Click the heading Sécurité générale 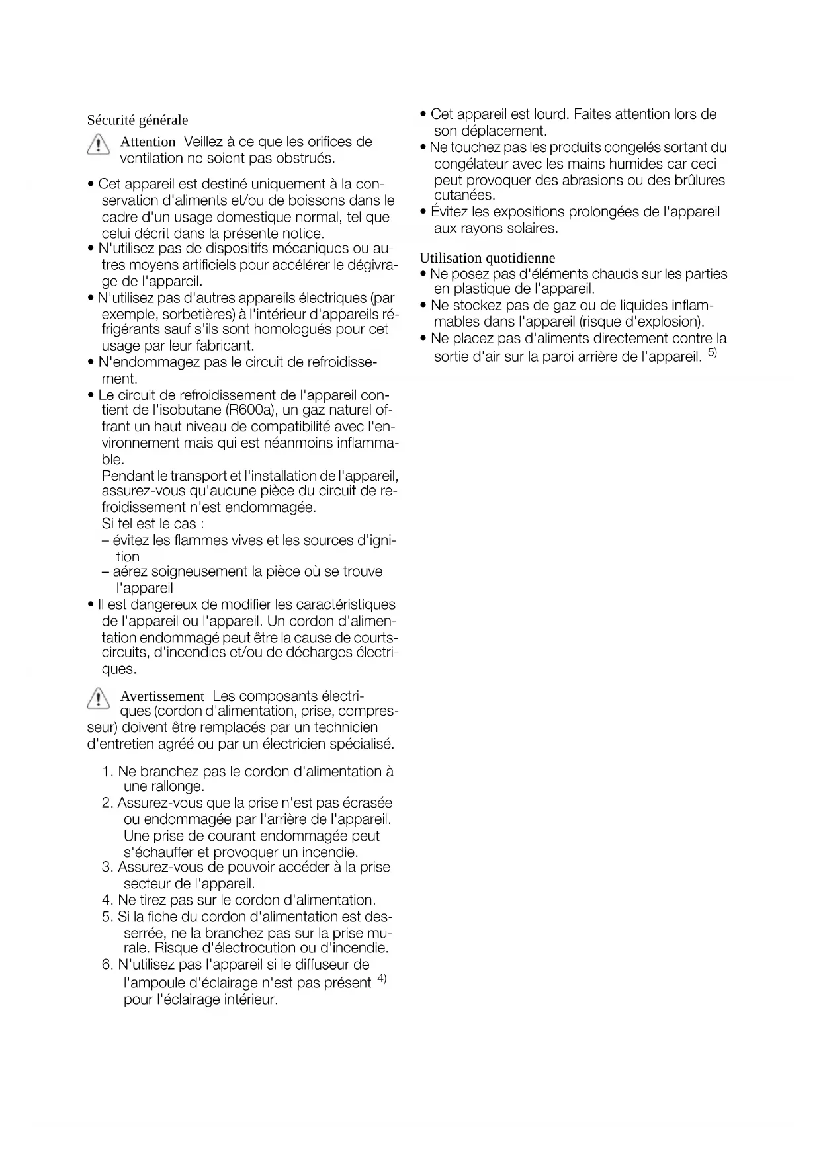coord(138,120)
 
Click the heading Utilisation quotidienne coord(487,258)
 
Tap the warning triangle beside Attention coord(99,144)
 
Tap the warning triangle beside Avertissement coord(99,698)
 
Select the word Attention coord(148,142)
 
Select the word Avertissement coord(162,696)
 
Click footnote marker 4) coord(382,978)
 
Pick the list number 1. coord(107,772)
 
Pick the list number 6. coord(107,965)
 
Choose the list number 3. coord(107,867)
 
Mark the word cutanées coord(464,196)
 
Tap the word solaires coord(529,229)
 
